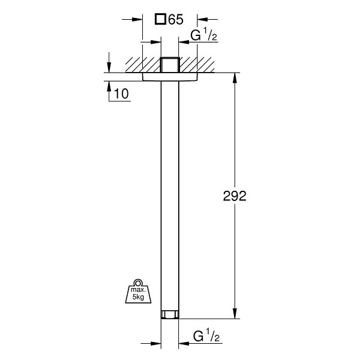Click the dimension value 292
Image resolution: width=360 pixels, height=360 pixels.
[x=235, y=196]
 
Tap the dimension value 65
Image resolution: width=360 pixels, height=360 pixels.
[x=176, y=19]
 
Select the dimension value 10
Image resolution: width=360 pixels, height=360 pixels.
[x=121, y=94]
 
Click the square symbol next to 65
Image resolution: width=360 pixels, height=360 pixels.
[x=160, y=19]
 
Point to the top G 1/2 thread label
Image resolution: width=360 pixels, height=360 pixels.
[x=203, y=35]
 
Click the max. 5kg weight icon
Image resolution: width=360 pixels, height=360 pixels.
[x=138, y=291]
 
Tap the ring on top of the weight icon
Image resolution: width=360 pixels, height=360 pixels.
[x=138, y=283]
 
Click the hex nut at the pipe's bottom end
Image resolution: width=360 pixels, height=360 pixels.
[x=170, y=314]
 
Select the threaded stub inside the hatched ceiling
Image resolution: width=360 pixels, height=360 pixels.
[x=170, y=65]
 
